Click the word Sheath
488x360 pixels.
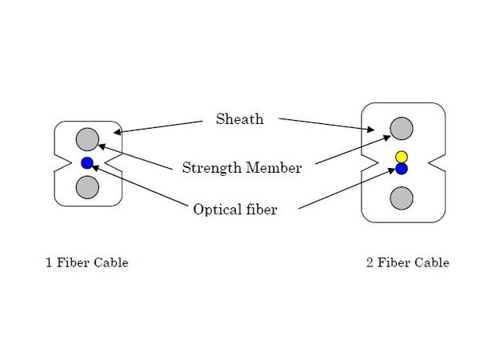[239, 120]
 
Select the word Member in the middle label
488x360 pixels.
[274, 168]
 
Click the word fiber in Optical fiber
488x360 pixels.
[261, 210]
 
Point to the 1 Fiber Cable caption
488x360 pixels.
[86, 262]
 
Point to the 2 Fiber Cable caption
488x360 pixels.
[407, 262]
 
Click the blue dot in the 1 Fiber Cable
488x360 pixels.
[87, 163]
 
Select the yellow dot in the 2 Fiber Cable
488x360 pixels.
[402, 156]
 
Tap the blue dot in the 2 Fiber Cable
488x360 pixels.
[402, 169]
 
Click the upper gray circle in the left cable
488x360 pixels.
[87, 139]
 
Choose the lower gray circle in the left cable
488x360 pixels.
[87, 187]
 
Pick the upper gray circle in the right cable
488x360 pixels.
[402, 128]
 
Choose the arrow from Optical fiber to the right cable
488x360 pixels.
[347, 189]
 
